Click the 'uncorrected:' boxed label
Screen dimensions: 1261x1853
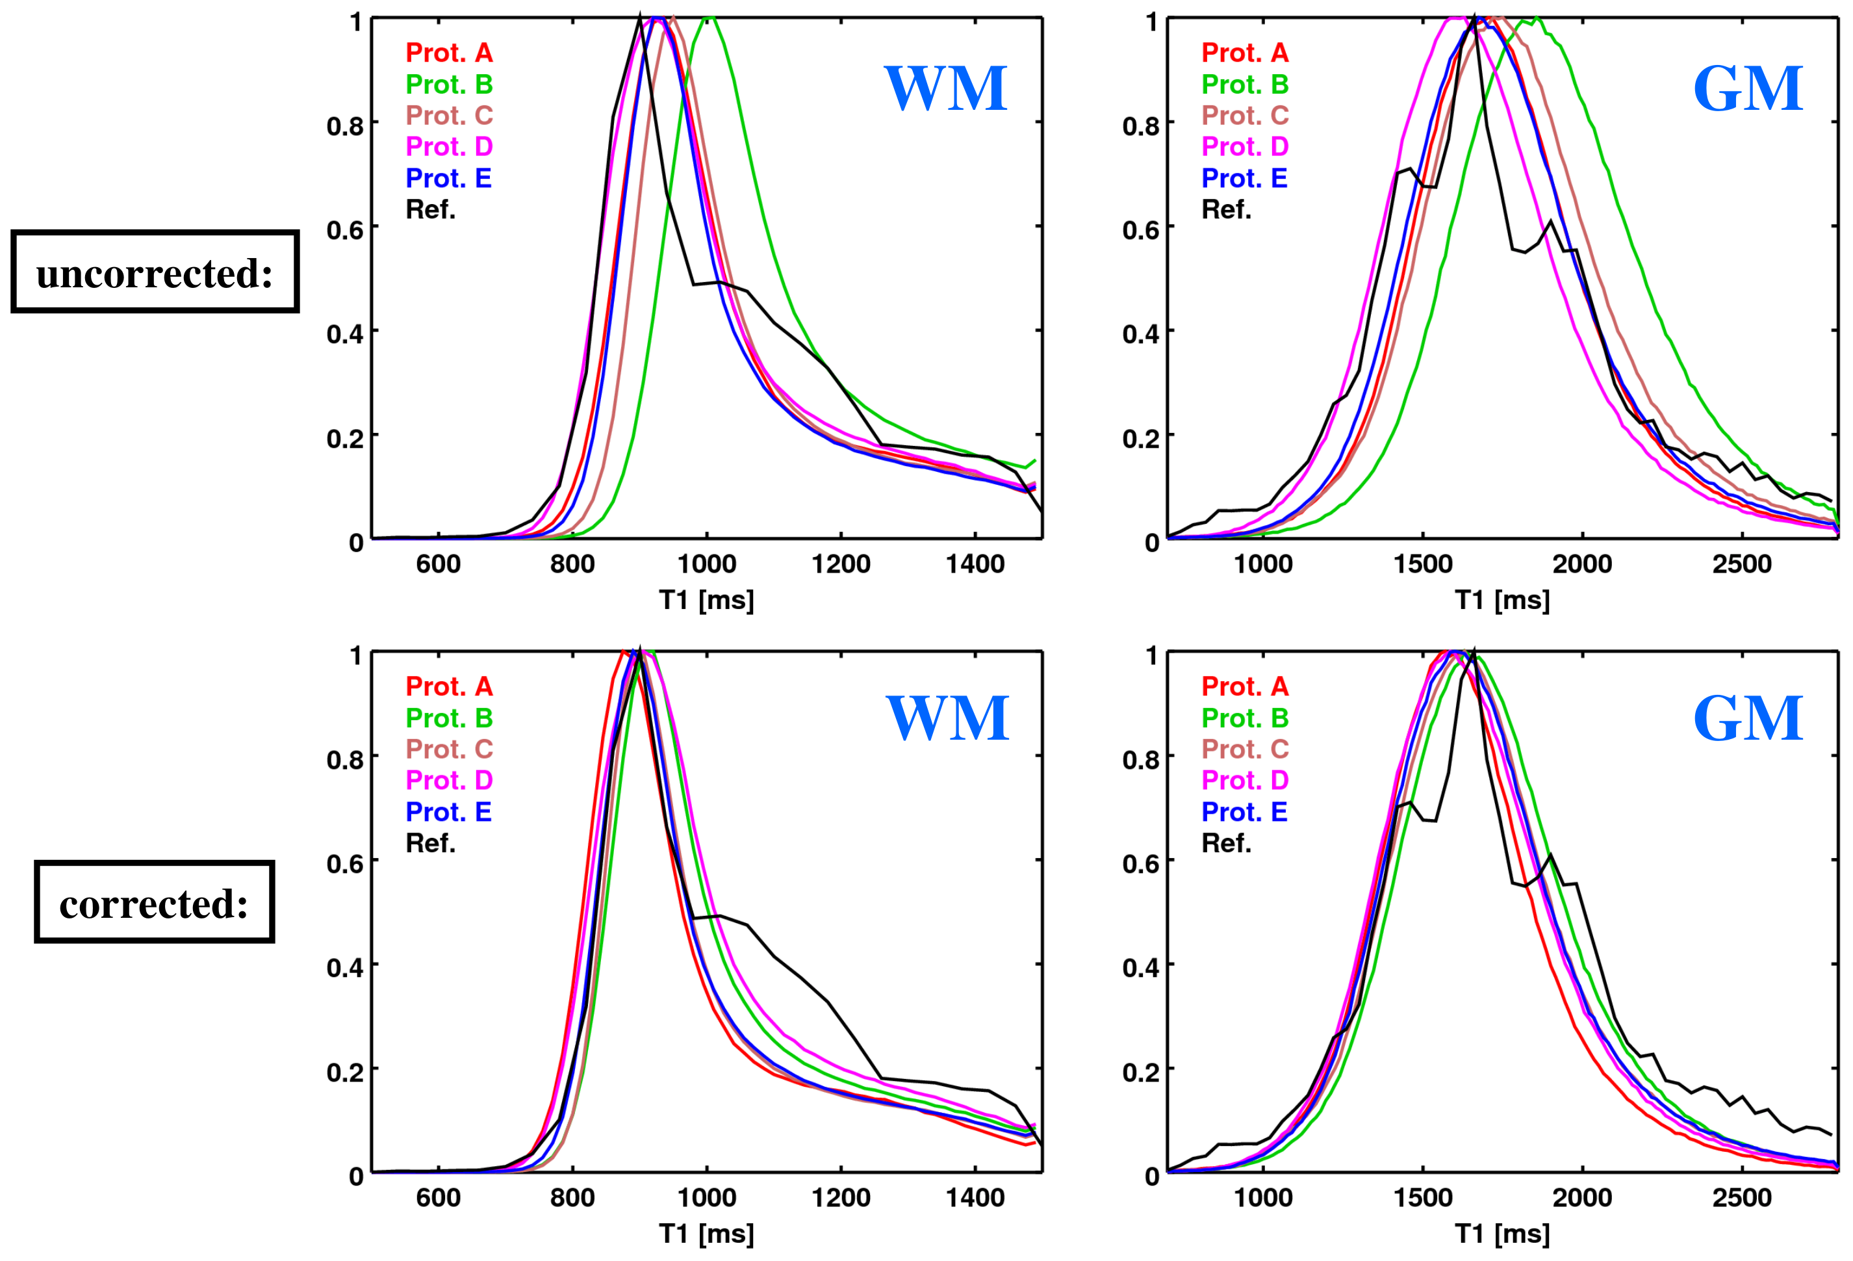[x=155, y=272]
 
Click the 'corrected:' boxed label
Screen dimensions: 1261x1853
[x=154, y=902]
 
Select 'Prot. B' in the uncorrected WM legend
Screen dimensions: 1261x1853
[x=449, y=84]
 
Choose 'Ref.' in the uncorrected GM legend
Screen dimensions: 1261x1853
[x=1226, y=209]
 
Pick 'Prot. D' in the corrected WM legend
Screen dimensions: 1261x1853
[x=449, y=779]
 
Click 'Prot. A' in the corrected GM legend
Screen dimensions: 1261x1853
[x=1245, y=686]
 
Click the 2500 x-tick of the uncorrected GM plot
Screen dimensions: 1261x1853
[x=1741, y=564]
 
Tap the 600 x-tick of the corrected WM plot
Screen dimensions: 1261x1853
[x=438, y=1197]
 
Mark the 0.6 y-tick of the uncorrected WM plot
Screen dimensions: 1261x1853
[x=344, y=229]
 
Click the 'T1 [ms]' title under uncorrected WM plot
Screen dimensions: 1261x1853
[x=706, y=599]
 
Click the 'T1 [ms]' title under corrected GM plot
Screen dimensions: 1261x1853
[x=1502, y=1233]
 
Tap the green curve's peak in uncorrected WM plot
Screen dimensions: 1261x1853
[x=709, y=18]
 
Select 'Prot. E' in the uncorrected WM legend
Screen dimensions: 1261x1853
[x=448, y=178]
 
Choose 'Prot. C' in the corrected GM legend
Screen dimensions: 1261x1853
[x=1245, y=748]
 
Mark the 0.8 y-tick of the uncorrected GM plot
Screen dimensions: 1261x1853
[x=1140, y=125]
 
